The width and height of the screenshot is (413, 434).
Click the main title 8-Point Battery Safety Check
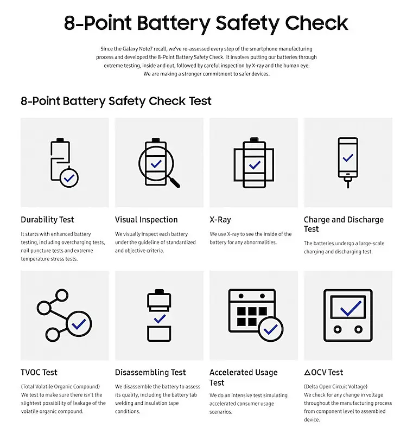click(x=206, y=23)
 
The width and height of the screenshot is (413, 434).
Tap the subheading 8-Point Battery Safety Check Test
click(x=116, y=101)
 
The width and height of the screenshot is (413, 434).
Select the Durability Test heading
click(x=48, y=220)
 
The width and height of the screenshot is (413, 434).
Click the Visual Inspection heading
click(x=147, y=220)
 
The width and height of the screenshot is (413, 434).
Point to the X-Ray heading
click(x=220, y=220)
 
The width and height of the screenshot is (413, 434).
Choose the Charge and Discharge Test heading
click(x=344, y=224)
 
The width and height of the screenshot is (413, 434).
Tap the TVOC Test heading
click(x=39, y=372)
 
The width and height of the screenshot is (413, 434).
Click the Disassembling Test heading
click(x=150, y=372)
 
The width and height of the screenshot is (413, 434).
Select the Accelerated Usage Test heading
click(x=244, y=377)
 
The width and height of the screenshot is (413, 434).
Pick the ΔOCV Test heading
click(x=323, y=372)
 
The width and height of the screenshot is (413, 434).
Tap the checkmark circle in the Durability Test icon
click(x=69, y=177)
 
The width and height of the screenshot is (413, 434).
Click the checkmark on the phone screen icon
click(x=348, y=158)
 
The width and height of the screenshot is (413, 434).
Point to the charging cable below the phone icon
click(x=348, y=184)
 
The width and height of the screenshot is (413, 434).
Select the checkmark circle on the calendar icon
click(x=270, y=329)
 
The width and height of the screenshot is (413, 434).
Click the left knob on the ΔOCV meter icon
click(x=337, y=329)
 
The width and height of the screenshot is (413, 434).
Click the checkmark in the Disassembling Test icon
click(x=160, y=319)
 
